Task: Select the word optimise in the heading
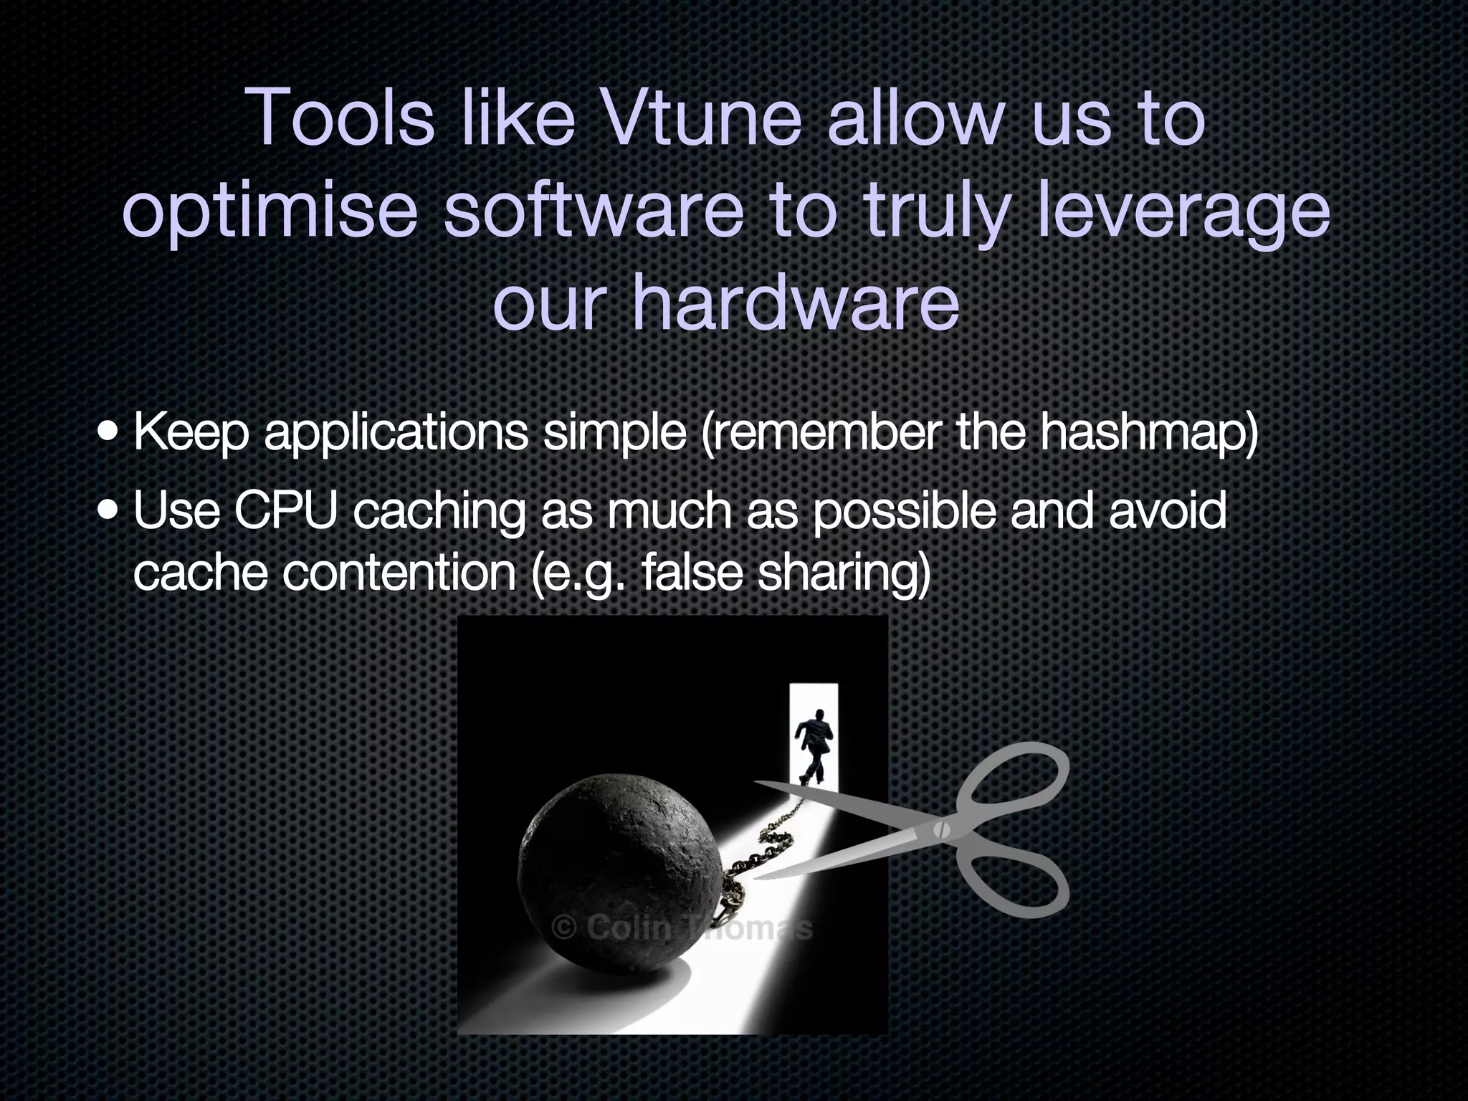(x=270, y=213)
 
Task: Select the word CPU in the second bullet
(x=285, y=510)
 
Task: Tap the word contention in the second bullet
(x=399, y=573)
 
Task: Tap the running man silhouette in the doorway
(x=814, y=745)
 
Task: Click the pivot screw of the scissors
(x=941, y=830)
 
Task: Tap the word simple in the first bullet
(x=614, y=434)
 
